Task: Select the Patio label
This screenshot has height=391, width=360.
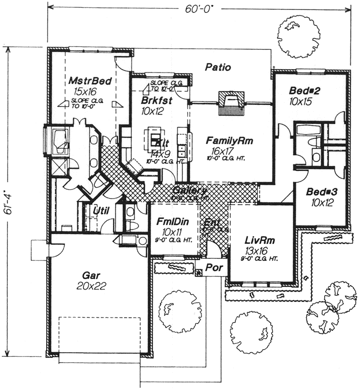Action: [x=218, y=67]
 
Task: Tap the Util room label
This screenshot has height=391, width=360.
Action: [x=101, y=211]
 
